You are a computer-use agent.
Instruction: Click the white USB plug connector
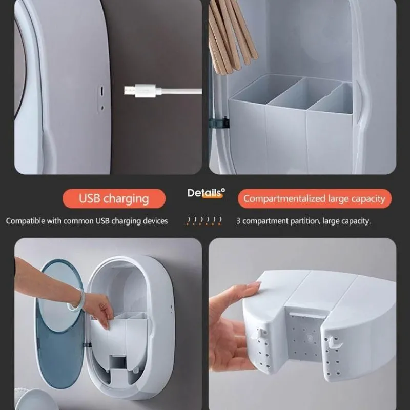(x=143, y=91)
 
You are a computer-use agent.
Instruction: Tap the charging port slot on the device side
(x=102, y=91)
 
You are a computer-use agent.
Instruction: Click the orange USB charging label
(x=114, y=198)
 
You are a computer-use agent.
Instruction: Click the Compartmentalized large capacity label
(x=315, y=198)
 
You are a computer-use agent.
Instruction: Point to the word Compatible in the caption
(x=26, y=221)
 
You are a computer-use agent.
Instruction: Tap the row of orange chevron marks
(x=204, y=221)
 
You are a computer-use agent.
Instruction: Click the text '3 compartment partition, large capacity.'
(x=303, y=221)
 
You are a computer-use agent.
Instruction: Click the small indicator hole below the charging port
(x=102, y=108)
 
